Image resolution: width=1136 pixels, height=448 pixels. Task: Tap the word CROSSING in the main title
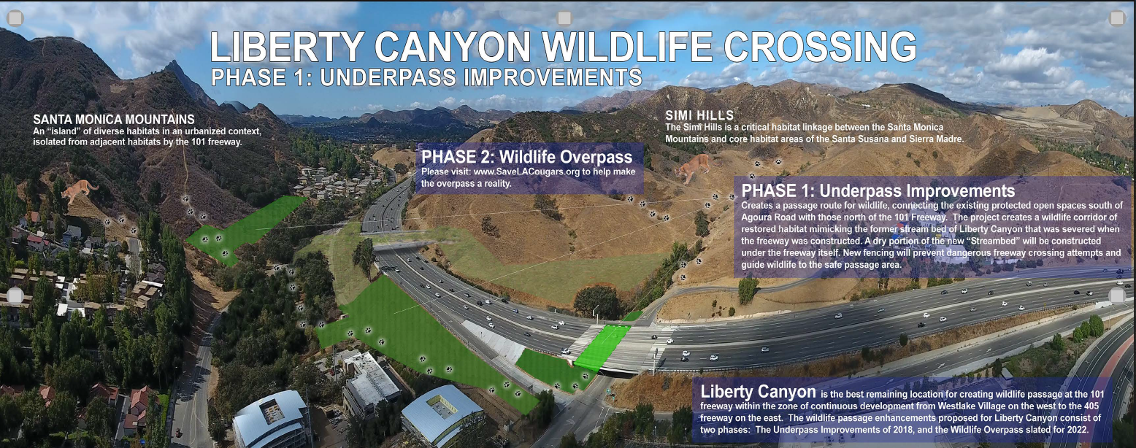[x=820, y=47]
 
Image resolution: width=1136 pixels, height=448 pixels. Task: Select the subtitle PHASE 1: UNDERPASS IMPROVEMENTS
[x=426, y=77]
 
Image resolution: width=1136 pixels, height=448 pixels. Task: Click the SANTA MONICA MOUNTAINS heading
[x=114, y=120]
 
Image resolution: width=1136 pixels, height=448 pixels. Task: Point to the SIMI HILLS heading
[x=699, y=115]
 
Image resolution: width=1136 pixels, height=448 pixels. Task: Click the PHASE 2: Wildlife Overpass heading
[x=527, y=157]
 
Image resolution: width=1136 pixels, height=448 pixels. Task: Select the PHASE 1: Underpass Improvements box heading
[x=878, y=191]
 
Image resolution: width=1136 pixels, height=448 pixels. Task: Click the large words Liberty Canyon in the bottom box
[x=758, y=391]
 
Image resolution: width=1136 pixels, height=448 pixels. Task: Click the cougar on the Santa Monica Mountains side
[x=79, y=190]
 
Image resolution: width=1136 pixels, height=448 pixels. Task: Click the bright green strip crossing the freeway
[x=602, y=347]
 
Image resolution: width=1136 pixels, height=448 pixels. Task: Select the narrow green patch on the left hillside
[x=245, y=229]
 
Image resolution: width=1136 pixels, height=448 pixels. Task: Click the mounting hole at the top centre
[x=564, y=18]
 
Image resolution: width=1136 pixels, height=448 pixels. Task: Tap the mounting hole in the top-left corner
[x=15, y=18]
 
